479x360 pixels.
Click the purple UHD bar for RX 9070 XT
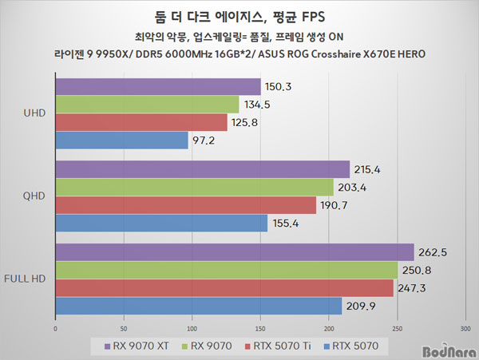click(157, 86)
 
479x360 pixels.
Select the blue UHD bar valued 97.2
click(121, 140)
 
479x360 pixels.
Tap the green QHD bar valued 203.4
click(194, 187)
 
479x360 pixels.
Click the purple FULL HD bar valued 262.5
click(234, 252)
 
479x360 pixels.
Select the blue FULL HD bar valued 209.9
click(198, 306)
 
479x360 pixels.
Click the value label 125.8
click(245, 122)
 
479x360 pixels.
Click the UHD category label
click(35, 113)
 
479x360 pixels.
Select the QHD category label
click(35, 196)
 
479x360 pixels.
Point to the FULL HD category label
click(26, 279)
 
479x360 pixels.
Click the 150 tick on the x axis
click(260, 327)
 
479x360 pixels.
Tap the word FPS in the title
click(315, 17)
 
